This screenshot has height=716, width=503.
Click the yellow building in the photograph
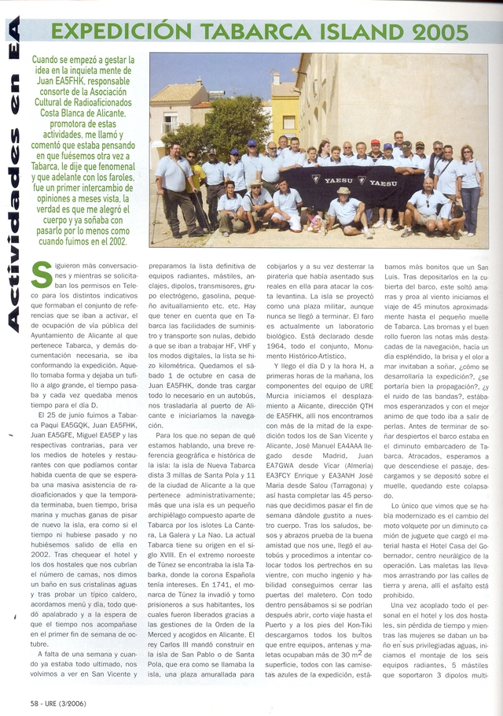coord(285,110)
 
